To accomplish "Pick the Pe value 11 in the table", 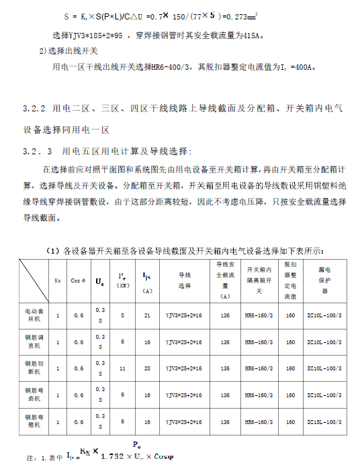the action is click(122, 368).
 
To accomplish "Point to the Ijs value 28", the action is click(146, 368).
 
